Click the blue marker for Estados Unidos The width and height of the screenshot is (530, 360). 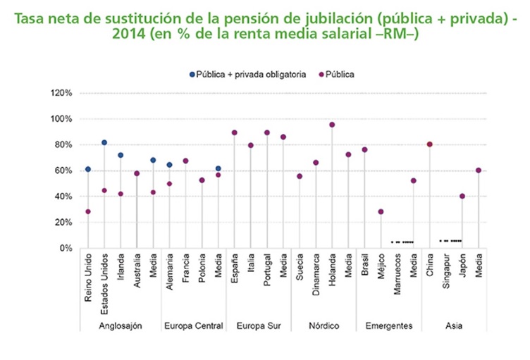pyautogui.click(x=104, y=142)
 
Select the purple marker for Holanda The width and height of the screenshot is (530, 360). pyautogui.click(x=332, y=125)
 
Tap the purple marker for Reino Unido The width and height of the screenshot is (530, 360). pyautogui.click(x=87, y=211)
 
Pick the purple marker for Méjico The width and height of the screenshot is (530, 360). pyautogui.click(x=381, y=211)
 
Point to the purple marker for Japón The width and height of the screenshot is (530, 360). pyautogui.click(x=463, y=196)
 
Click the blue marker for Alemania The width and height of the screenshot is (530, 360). pyautogui.click(x=169, y=165)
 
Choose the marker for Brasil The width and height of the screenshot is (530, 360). pyautogui.click(x=365, y=149)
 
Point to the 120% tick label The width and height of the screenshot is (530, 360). pyautogui.click(x=62, y=93)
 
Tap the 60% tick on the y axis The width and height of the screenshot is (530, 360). pyautogui.click(x=64, y=170)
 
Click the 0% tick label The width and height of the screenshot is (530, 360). pyautogui.click(x=66, y=248)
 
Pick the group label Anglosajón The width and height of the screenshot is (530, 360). pyautogui.click(x=121, y=325)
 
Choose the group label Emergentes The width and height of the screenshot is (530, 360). pyautogui.click(x=389, y=325)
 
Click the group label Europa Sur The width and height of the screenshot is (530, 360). pyautogui.click(x=258, y=325)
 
